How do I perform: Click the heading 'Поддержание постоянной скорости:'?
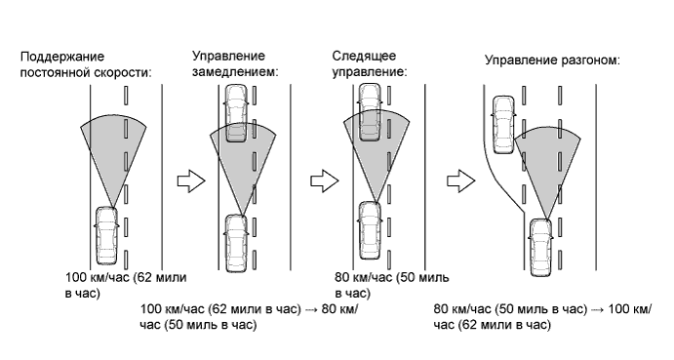point(86,64)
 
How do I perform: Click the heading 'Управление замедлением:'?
point(235,63)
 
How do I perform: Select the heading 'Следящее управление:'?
point(370,63)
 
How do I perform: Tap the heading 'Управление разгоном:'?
point(552,60)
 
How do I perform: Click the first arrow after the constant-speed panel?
point(191,181)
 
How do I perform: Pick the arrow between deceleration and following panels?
point(325,181)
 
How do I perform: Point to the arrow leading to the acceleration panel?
point(460,181)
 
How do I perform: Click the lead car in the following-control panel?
point(370,112)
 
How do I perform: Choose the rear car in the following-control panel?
point(370,230)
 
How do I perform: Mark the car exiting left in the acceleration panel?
point(503,125)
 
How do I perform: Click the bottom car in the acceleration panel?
point(540,247)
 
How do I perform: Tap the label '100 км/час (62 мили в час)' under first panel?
point(126,285)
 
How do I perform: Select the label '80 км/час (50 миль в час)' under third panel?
point(391,285)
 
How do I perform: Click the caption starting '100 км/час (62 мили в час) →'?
point(249,316)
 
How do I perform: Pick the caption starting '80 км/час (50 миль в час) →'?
point(542,316)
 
